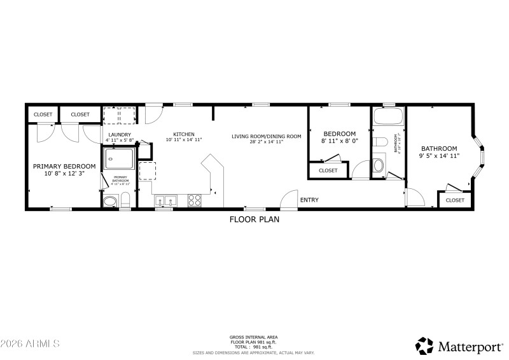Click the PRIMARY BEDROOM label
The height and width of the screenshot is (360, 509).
pyautogui.click(x=64, y=166)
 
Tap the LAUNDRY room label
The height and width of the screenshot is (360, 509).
pyautogui.click(x=119, y=135)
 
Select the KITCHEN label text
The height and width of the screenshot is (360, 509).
pyautogui.click(x=184, y=134)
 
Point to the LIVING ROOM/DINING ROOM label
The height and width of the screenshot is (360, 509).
pyautogui.click(x=266, y=136)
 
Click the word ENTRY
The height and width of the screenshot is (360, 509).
pyautogui.click(x=309, y=200)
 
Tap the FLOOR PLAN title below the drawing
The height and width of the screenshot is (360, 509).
pyautogui.click(x=254, y=219)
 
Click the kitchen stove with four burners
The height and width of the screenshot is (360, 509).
pyautogui.click(x=195, y=201)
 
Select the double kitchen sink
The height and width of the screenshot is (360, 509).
pyautogui.click(x=165, y=201)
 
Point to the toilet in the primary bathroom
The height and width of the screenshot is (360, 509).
pyautogui.click(x=125, y=200)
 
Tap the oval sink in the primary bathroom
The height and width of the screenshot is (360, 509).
pyautogui.click(x=110, y=202)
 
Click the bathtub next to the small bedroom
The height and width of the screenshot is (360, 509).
pyautogui.click(x=387, y=116)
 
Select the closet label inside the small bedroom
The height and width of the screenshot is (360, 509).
pyautogui.click(x=328, y=170)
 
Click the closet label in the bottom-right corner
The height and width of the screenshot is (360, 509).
pyautogui.click(x=455, y=200)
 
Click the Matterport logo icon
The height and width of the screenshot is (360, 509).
pyautogui.click(x=424, y=345)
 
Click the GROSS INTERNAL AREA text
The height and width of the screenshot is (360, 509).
pyautogui.click(x=254, y=337)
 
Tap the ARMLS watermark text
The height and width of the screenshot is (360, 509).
pyautogui.click(x=30, y=343)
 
